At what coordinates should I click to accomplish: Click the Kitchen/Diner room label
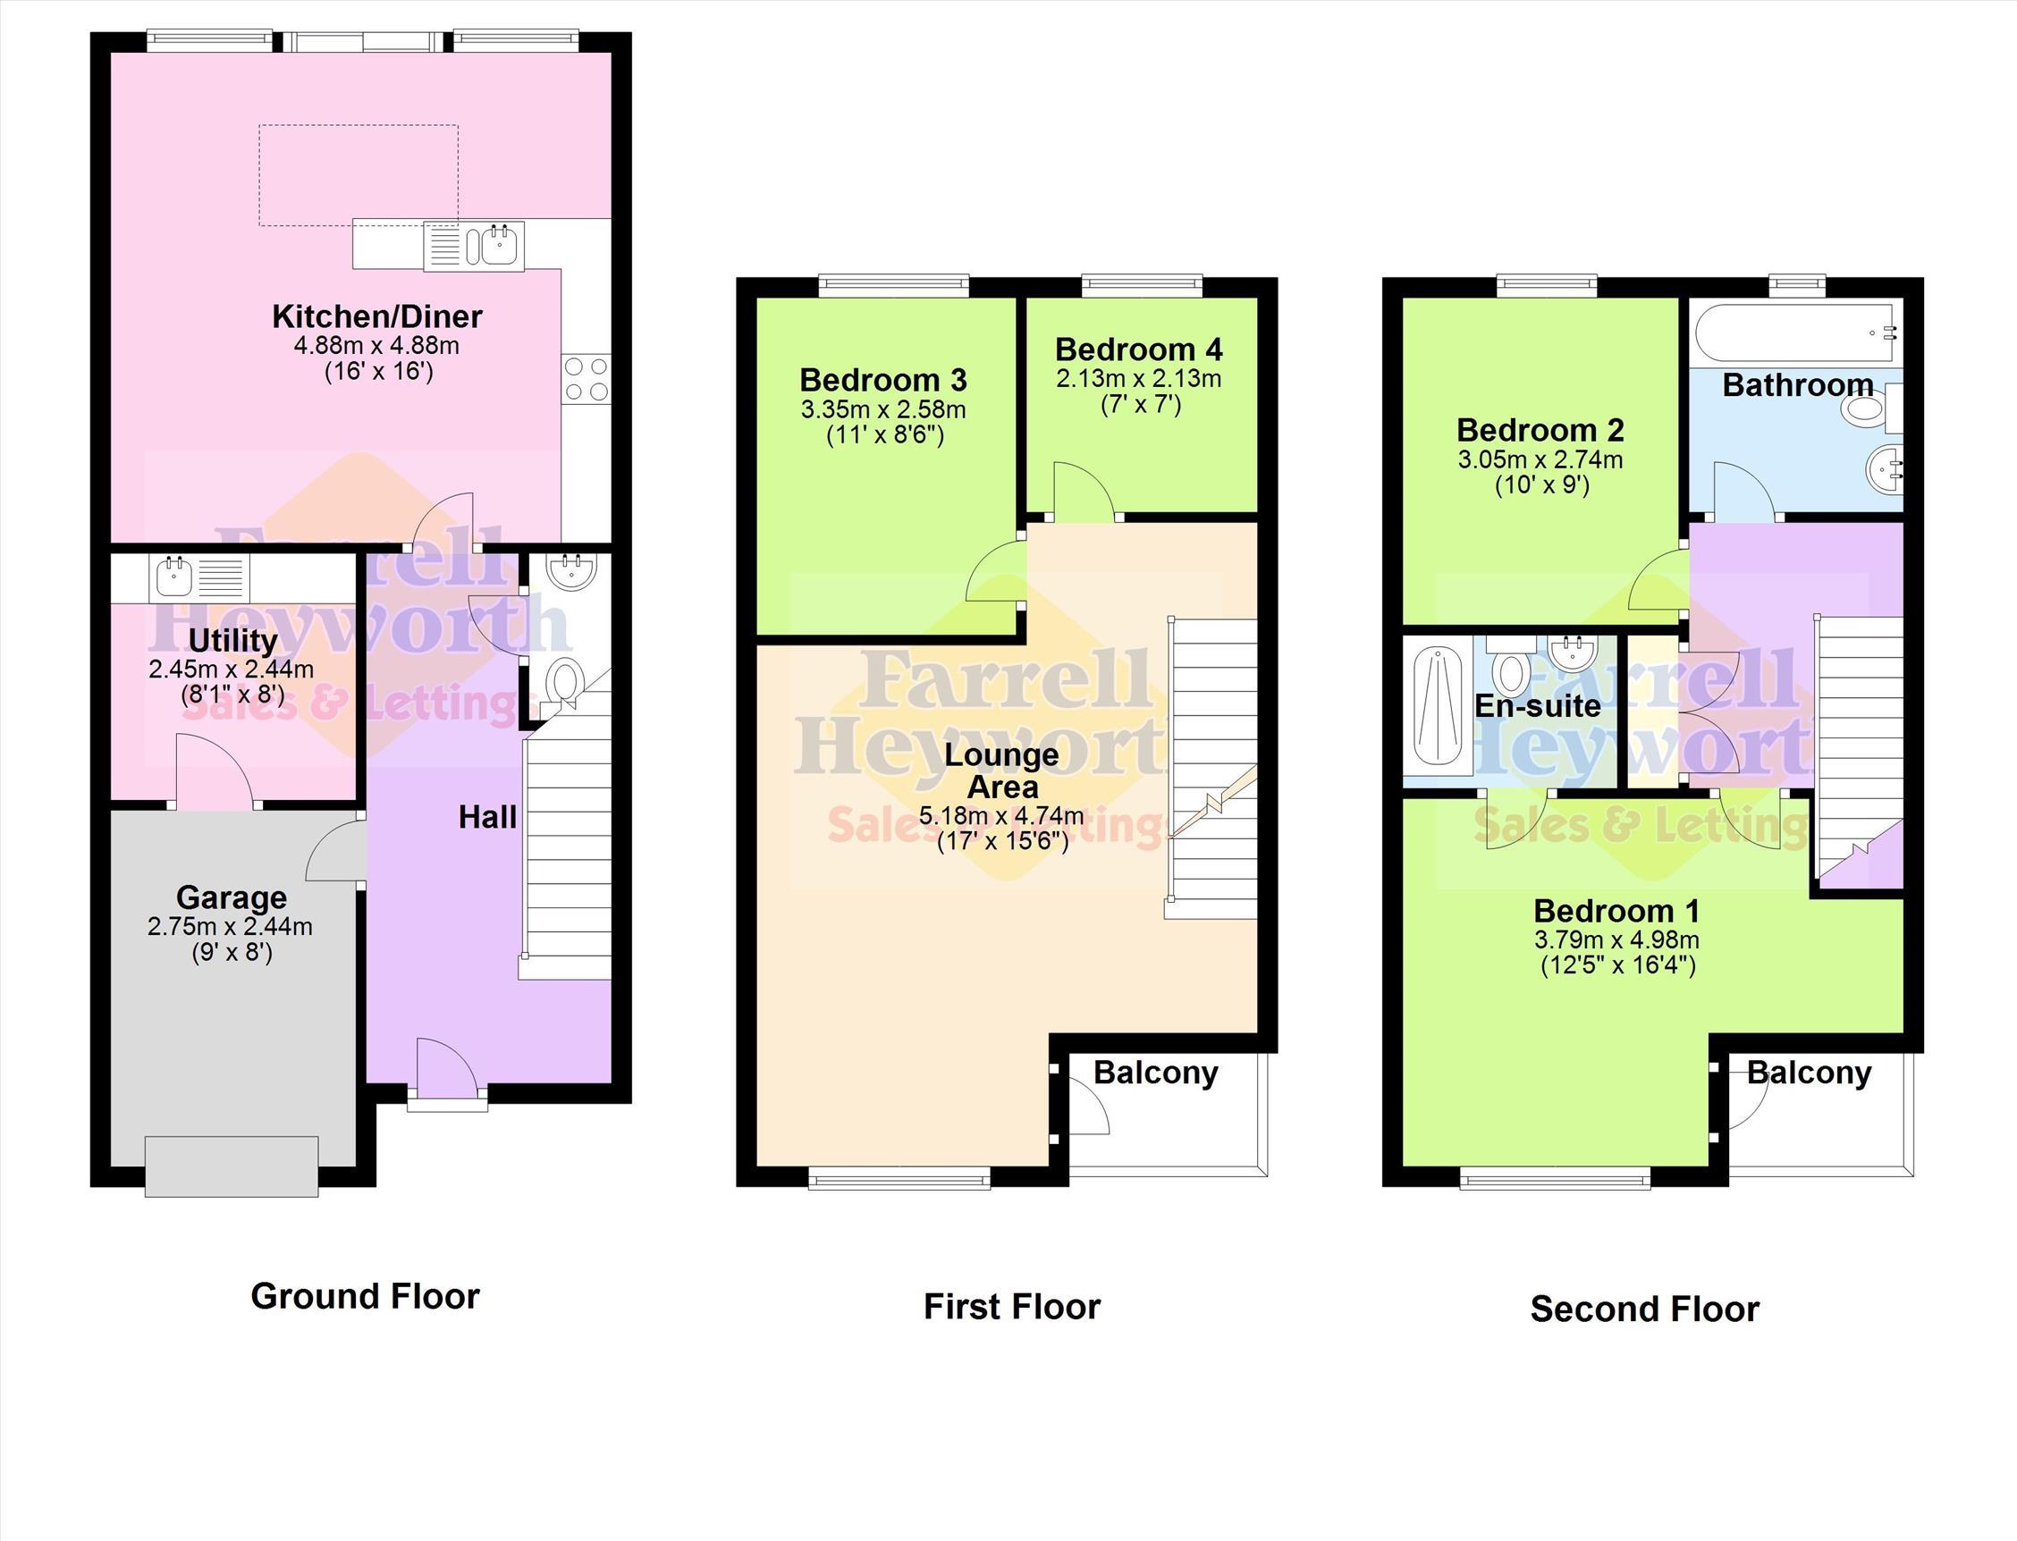(x=377, y=316)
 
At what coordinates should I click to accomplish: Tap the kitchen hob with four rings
(x=587, y=379)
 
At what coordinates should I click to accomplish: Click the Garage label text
(x=232, y=897)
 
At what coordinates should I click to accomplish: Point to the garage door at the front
(x=232, y=1166)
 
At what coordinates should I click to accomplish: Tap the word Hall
(x=487, y=817)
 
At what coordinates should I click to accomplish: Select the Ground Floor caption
(x=365, y=1296)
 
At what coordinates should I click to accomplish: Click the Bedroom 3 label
(x=883, y=380)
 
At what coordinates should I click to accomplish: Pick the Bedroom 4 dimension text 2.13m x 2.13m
(x=1138, y=379)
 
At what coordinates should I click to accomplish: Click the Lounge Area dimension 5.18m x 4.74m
(x=1001, y=815)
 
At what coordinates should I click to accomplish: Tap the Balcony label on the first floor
(x=1156, y=1073)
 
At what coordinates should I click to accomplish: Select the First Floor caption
(x=1012, y=1306)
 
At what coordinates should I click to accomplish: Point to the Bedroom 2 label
(x=1540, y=429)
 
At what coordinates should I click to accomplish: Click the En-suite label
(x=1537, y=705)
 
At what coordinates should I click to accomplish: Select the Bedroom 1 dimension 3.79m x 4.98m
(x=1617, y=940)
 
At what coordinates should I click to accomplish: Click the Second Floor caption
(x=1644, y=1309)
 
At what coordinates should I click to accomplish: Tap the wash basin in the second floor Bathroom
(x=1883, y=470)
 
